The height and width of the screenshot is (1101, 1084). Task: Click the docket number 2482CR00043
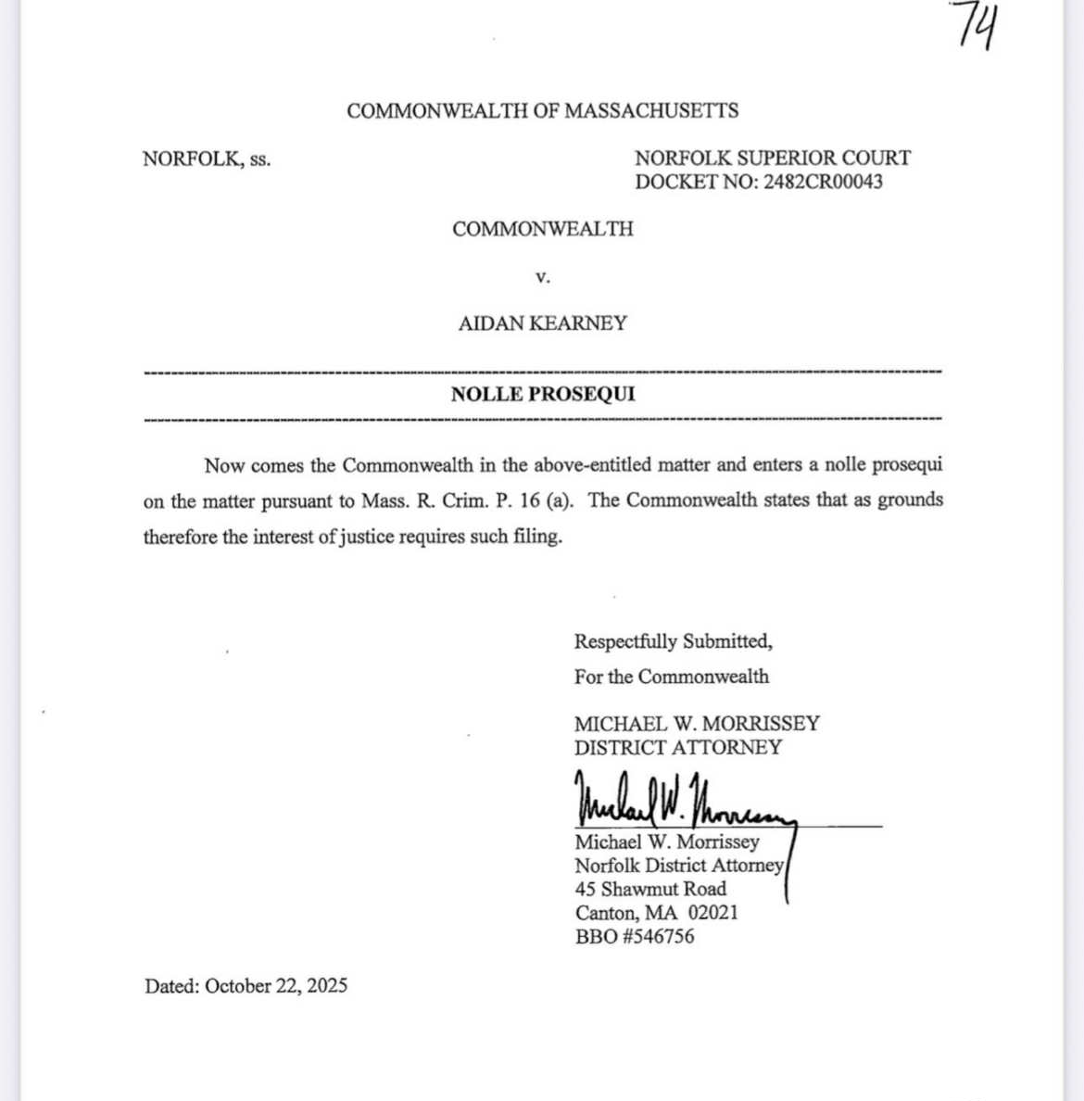(823, 182)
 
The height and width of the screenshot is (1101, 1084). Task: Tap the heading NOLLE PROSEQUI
(543, 394)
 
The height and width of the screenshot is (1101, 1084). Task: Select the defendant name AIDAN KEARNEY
(543, 323)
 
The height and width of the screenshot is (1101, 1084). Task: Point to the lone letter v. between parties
(543, 276)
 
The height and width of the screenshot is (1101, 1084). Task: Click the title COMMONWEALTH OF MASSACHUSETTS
(543, 111)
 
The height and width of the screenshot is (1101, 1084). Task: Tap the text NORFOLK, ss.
(207, 159)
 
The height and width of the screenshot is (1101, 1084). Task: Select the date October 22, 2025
(276, 986)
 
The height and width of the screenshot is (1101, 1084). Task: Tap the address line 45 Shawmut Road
(650, 889)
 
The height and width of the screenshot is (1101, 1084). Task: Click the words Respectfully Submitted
(673, 641)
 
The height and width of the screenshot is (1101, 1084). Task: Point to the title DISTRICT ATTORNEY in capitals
(678, 748)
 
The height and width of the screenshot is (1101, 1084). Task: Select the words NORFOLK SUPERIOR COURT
(773, 158)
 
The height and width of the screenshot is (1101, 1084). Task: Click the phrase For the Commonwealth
(672, 677)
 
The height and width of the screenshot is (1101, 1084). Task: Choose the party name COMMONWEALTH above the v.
(543, 229)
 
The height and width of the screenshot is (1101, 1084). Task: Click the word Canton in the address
(606, 912)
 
